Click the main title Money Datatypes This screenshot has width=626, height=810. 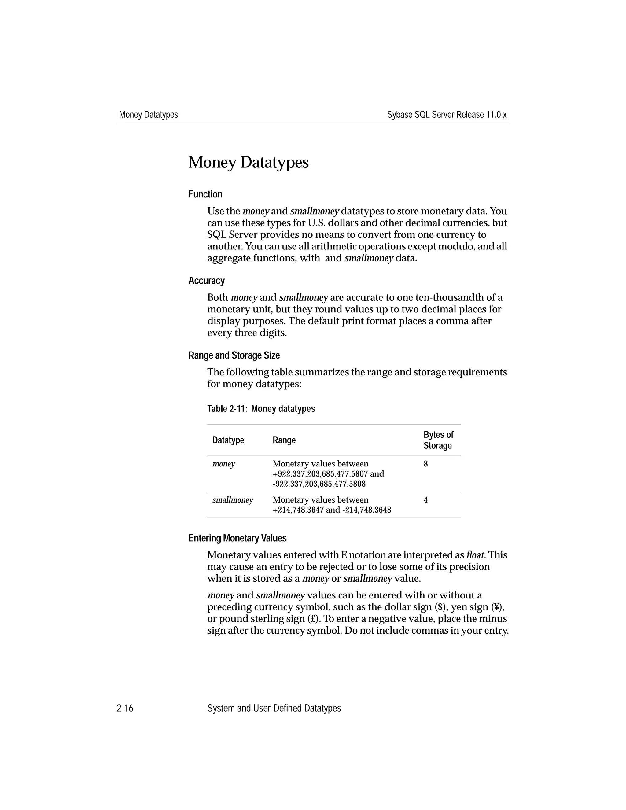[248, 162]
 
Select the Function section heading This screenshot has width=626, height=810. [205, 194]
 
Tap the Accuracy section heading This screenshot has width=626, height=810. [206, 281]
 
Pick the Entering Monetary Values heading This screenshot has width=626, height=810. [237, 538]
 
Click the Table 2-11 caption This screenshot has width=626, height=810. [261, 409]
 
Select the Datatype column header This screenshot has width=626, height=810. [228, 440]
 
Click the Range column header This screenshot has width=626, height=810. [284, 440]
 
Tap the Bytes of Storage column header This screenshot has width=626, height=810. [438, 440]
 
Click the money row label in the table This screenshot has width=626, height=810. [224, 464]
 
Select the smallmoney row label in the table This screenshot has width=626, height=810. [233, 500]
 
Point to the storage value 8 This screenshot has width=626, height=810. [426, 464]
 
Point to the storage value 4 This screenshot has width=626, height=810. [426, 500]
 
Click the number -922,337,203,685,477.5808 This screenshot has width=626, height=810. [319, 484]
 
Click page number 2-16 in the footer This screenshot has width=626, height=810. [125, 709]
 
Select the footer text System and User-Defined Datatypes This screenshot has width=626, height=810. [274, 709]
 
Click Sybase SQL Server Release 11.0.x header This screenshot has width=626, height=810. [447, 115]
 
